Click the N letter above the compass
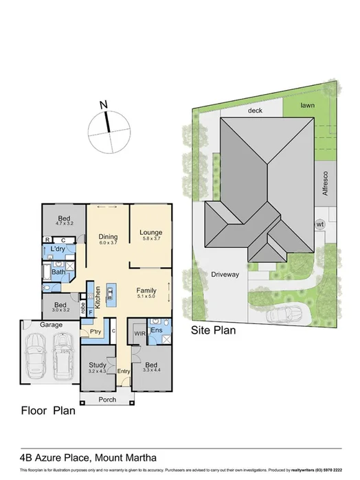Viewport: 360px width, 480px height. [103, 105]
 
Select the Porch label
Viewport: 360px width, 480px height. [106, 399]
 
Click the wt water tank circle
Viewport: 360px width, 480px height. [319, 224]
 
